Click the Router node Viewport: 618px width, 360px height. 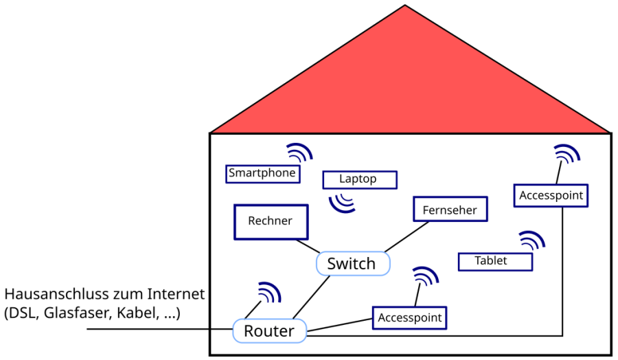[x=268, y=331]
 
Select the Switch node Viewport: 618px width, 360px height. [x=352, y=263]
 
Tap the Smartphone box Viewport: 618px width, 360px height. [x=262, y=173]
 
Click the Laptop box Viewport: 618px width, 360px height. [x=359, y=179]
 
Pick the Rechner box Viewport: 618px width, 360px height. [x=270, y=221]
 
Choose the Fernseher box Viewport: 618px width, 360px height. [x=450, y=210]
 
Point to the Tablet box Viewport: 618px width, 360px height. [x=494, y=261]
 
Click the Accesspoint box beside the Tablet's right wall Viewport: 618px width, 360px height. [x=551, y=195]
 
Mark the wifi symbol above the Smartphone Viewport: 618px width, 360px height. [x=299, y=153]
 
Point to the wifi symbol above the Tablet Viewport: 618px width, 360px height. [x=533, y=241]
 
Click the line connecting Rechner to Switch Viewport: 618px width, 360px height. [x=308, y=245]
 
